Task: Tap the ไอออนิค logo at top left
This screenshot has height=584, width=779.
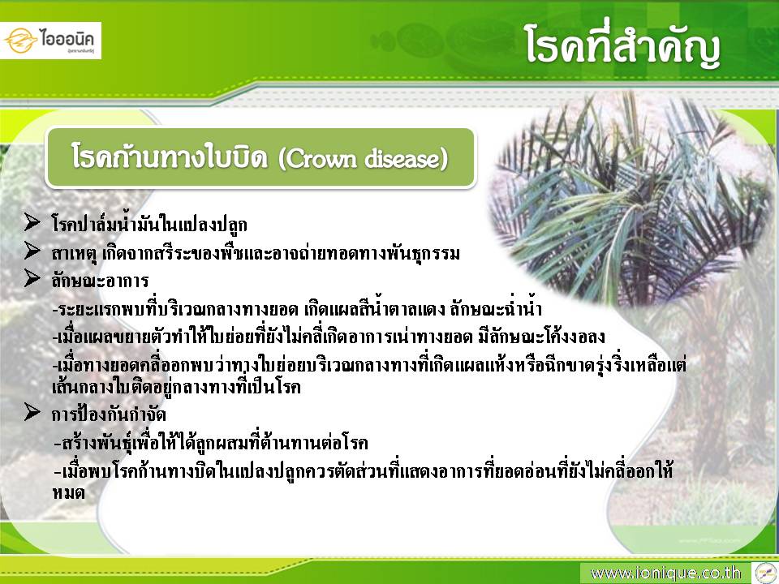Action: tap(50, 41)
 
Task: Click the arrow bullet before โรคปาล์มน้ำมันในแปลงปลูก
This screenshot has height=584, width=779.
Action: tap(32, 222)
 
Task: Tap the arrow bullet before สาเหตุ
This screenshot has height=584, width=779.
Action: tap(32, 251)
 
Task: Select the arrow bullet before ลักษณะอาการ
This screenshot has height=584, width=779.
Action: tap(32, 278)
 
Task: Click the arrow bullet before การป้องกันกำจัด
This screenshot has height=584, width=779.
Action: tap(32, 412)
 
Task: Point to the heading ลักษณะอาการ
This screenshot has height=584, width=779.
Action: tap(100, 281)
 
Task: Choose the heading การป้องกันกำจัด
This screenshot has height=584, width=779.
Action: tap(109, 414)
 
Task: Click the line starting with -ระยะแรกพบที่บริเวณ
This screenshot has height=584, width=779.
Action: tap(297, 309)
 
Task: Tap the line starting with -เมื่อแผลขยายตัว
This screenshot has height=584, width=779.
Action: tap(329, 337)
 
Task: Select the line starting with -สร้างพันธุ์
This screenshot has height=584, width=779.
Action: tap(211, 441)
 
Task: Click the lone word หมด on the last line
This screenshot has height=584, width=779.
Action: tap(68, 493)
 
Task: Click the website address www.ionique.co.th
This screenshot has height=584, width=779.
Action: tap(665, 573)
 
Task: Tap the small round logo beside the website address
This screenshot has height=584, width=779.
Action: tap(765, 573)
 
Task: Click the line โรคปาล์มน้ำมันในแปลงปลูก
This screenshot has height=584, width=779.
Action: tap(149, 225)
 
